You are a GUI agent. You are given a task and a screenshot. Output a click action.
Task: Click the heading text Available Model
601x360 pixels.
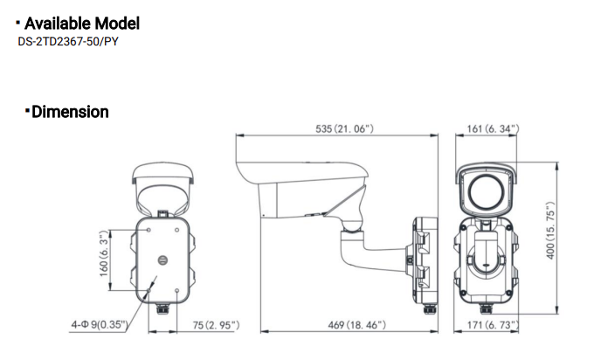82,24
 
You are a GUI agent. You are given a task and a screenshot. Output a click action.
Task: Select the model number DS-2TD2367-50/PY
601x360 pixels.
67,42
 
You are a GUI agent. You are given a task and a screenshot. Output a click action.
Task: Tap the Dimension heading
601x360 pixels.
70,112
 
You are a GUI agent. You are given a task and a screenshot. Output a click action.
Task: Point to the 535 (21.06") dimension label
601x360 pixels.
344,128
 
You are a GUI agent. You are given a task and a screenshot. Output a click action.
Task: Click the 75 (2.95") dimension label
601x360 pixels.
215,325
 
